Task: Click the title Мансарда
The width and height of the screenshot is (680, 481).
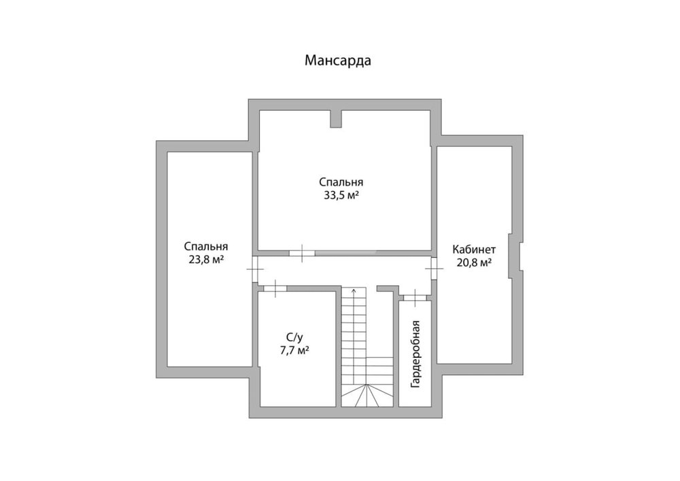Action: [338, 61]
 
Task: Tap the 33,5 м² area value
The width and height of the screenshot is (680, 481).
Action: [341, 195]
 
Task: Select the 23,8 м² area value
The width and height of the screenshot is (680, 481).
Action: [206, 260]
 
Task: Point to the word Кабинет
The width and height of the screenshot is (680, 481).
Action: [474, 250]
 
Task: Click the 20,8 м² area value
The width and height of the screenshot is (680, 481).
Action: [474, 263]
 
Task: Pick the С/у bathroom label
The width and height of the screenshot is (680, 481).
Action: [294, 337]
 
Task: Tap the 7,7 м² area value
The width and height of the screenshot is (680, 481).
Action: [294, 350]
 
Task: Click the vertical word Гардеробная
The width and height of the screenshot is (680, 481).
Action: [415, 354]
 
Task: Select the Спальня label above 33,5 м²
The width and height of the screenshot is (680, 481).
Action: [341, 182]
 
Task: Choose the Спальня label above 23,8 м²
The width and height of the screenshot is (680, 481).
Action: [206, 247]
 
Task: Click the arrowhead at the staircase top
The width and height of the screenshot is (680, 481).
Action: [354, 290]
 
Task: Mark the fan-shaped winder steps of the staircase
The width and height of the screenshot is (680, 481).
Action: [367, 395]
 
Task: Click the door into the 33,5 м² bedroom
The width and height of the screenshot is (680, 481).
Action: [303, 253]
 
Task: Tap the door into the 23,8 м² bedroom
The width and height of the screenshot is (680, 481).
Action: [255, 269]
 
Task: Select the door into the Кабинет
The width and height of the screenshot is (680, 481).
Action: [434, 269]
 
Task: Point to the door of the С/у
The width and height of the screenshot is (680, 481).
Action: [275, 288]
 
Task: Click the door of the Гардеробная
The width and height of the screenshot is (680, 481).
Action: [415, 297]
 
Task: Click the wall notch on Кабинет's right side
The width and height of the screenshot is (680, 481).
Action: [516, 255]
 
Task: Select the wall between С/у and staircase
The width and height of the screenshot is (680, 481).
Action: [339, 349]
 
